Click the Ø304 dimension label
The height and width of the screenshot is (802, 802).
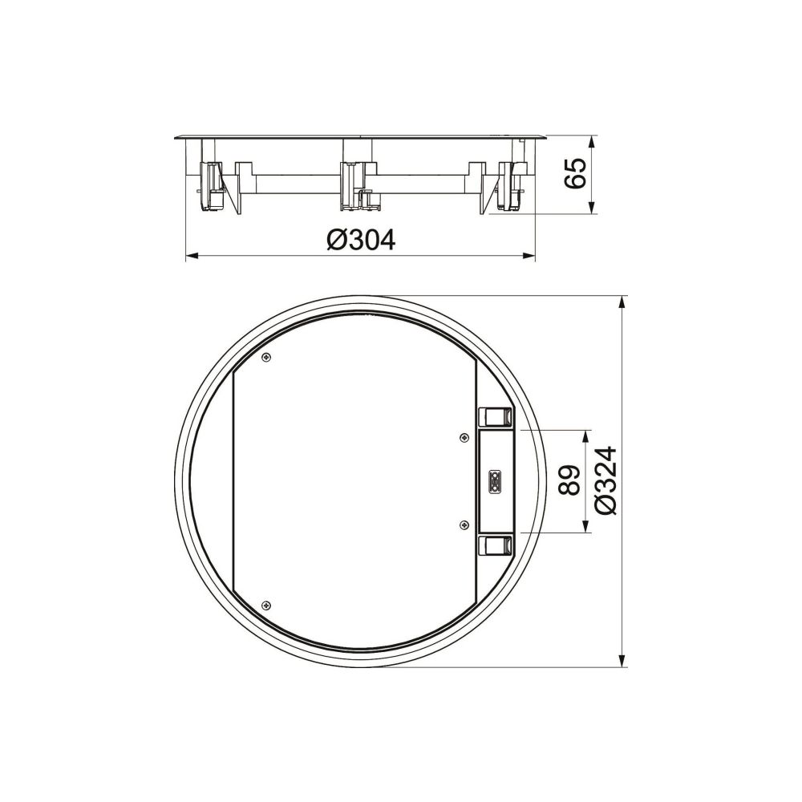(x=361, y=239)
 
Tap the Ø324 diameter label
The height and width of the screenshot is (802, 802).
(x=606, y=480)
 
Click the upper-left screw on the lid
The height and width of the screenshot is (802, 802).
(x=266, y=358)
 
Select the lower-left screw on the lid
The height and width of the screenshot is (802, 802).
(x=266, y=605)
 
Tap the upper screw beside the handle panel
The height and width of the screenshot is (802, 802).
(x=464, y=437)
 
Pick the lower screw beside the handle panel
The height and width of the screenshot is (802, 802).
(x=464, y=525)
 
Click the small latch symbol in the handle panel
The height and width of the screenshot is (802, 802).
(x=495, y=480)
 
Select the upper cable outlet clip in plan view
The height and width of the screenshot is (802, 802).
(x=495, y=417)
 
